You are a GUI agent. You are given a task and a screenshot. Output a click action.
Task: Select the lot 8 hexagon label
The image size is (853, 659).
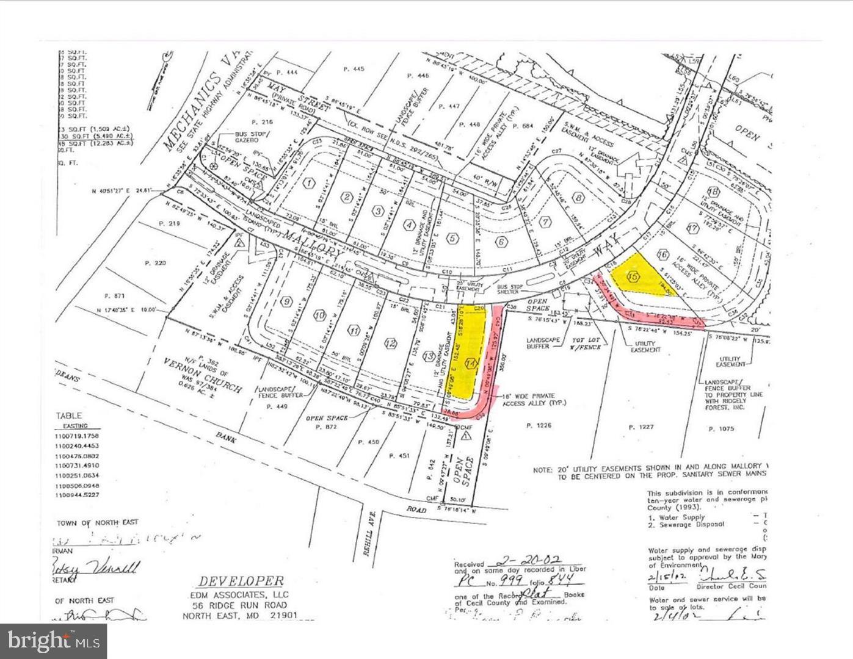pos(579,197)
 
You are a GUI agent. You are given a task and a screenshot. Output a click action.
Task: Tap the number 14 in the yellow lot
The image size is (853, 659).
pos(470,364)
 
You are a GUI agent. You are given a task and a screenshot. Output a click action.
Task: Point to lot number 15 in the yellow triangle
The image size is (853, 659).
pos(633,277)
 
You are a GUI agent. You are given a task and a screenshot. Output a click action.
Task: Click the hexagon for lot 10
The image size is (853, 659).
pos(319,315)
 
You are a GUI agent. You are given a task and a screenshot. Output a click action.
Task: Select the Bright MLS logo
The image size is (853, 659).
pos(53,641)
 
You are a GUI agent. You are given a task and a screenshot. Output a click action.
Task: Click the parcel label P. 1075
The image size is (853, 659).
pos(721,429)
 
